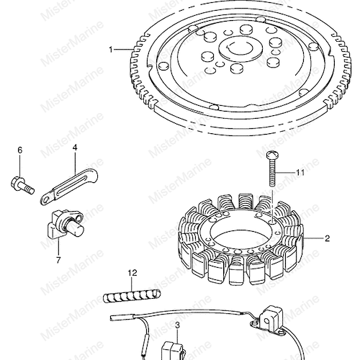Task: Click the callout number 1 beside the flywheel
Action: tap(111, 50)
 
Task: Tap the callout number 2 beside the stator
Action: tap(327, 238)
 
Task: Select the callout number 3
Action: tap(177, 325)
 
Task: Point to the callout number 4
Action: tap(75, 148)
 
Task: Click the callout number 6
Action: tap(20, 150)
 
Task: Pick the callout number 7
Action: tap(58, 260)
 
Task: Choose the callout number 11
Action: tap(300, 172)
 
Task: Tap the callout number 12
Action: tap(132, 273)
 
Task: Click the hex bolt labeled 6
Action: tap(22, 184)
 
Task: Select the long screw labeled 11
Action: tap(272, 168)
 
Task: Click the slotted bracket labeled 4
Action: tap(69, 186)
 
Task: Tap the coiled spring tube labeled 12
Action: tap(132, 296)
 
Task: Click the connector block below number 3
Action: tap(172, 351)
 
